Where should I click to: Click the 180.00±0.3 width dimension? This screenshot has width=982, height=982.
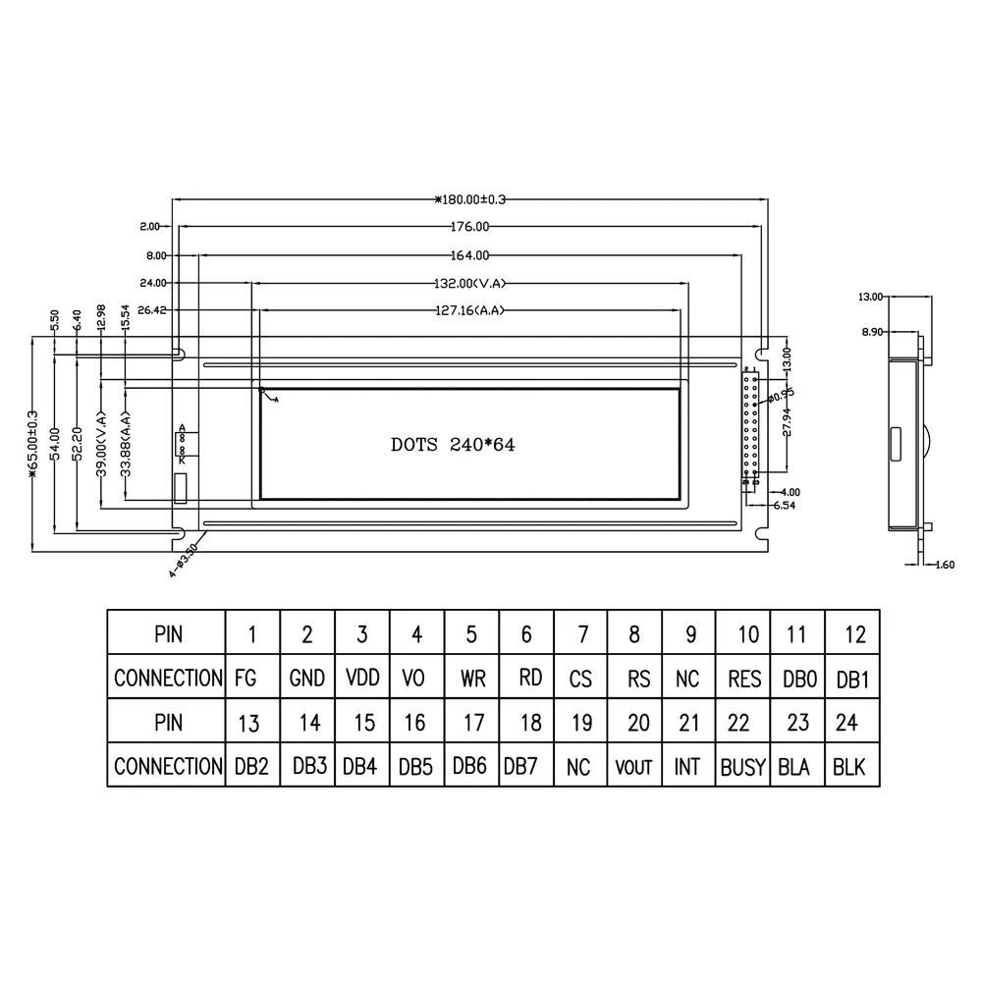[x=469, y=199]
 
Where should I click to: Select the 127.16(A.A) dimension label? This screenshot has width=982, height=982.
[x=469, y=310]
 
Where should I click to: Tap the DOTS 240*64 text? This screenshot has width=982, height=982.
[x=453, y=444]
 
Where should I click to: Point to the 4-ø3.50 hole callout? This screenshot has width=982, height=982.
[x=184, y=558]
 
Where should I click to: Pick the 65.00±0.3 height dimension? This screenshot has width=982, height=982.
[x=34, y=444]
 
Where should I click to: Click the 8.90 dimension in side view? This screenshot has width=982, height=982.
[x=872, y=333]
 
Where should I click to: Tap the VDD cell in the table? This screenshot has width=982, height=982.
[x=361, y=678]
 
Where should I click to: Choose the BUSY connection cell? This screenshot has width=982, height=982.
[x=742, y=767]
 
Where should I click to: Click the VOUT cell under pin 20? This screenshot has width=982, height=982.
[x=634, y=767]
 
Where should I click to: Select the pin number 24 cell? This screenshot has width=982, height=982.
[x=847, y=723]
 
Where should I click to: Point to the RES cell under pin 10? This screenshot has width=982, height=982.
[x=742, y=678]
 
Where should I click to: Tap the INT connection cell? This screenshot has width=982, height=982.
[x=687, y=767]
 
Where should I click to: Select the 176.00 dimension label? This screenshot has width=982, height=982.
[x=469, y=227]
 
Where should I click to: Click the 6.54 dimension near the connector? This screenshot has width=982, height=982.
[x=784, y=505]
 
